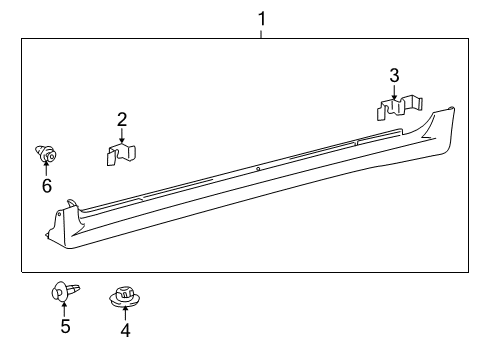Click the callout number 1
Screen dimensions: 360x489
click(x=262, y=17)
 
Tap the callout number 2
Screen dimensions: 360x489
click(x=121, y=119)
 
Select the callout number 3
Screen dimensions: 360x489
click(x=394, y=74)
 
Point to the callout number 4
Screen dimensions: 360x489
click(x=125, y=330)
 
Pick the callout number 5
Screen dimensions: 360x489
click(x=65, y=326)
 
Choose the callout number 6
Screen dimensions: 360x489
click(x=46, y=185)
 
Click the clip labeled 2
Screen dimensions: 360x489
click(x=121, y=154)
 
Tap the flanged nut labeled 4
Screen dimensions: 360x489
click(x=124, y=297)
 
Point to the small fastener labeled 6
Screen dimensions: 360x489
click(x=45, y=154)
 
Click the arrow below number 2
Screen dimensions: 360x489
click(x=121, y=135)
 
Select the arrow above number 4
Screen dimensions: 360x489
click(x=125, y=313)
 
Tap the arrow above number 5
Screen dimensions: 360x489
click(x=64, y=309)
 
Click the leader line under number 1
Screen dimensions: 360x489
click(x=262, y=31)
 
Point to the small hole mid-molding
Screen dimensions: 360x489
click(x=258, y=168)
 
